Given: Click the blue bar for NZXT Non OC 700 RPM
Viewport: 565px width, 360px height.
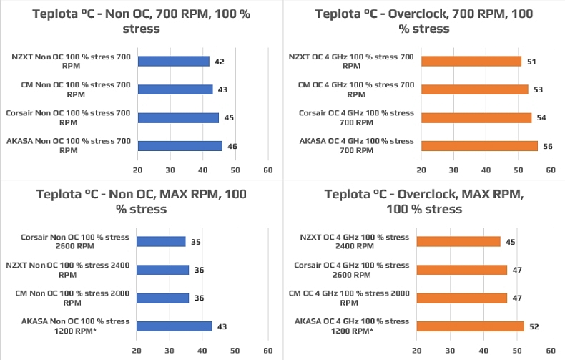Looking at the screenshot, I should tap(173, 62).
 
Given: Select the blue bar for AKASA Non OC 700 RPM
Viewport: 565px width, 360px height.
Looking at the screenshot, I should tap(180, 146).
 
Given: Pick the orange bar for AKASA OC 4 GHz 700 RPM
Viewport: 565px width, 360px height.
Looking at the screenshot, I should tap(479, 146).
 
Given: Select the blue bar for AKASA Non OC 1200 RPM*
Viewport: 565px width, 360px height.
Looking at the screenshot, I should tap(175, 326).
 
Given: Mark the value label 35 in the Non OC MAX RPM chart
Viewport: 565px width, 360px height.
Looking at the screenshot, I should tap(195, 242).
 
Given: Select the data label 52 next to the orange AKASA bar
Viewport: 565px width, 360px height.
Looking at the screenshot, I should tap(534, 326).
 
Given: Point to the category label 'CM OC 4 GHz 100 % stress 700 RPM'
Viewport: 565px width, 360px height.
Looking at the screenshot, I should tap(355, 89).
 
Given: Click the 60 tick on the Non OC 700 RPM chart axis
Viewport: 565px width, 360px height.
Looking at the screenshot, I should tap(267, 171).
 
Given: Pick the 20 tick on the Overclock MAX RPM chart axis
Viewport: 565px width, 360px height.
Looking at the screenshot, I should tap(421, 351).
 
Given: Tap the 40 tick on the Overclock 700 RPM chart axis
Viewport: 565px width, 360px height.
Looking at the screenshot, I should tap(486, 171).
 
